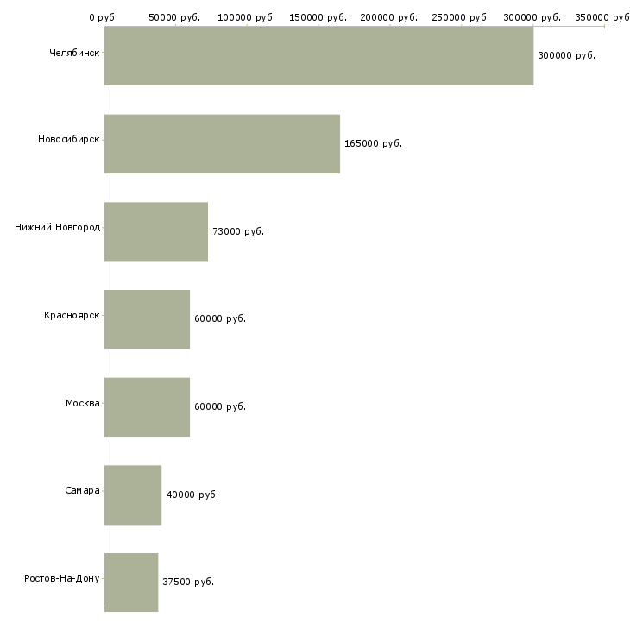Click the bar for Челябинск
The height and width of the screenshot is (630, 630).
tap(318, 56)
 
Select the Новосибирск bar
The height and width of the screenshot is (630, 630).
tap(222, 144)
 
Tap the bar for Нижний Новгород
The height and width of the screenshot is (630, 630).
tap(156, 232)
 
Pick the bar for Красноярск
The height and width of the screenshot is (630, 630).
tap(147, 319)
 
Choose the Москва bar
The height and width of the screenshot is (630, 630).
tap(147, 407)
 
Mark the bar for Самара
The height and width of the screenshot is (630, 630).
tap(133, 495)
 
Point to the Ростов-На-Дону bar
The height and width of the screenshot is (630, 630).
tap(131, 583)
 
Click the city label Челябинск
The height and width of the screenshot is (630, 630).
tap(74, 53)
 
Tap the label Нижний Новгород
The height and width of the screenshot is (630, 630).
tap(57, 228)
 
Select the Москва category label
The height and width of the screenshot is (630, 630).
tap(82, 403)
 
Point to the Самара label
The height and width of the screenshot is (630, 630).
tap(82, 491)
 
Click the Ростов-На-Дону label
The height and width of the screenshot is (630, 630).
tap(62, 578)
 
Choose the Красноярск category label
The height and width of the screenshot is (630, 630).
tap(72, 316)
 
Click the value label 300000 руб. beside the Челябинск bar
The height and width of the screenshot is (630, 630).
tap(566, 55)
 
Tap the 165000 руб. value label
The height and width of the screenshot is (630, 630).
tap(373, 143)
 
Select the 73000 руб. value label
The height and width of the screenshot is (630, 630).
tap(238, 231)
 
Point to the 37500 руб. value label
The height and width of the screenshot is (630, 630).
tap(188, 582)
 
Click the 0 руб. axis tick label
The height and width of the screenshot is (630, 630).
tap(103, 17)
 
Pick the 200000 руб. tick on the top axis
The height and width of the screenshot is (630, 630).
tap(389, 17)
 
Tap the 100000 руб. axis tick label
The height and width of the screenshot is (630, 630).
tap(246, 17)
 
